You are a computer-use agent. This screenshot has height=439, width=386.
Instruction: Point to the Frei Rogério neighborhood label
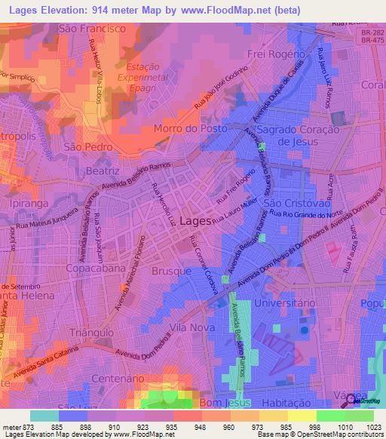(x=276, y=54)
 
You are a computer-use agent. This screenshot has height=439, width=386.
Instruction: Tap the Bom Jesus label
(x=207, y=405)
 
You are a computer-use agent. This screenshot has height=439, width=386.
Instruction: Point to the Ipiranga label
(x=27, y=203)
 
